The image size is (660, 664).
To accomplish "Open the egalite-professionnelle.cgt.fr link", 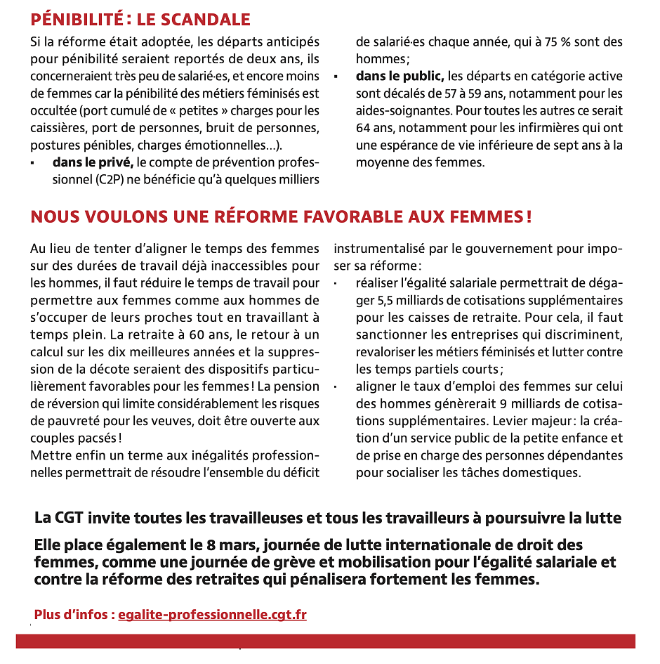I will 212,615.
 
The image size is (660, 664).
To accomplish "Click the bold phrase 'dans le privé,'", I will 93,162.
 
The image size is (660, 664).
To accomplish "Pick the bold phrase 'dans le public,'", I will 400,76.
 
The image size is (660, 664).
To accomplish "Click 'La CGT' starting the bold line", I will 60,519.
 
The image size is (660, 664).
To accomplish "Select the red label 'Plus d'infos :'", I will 74,615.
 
